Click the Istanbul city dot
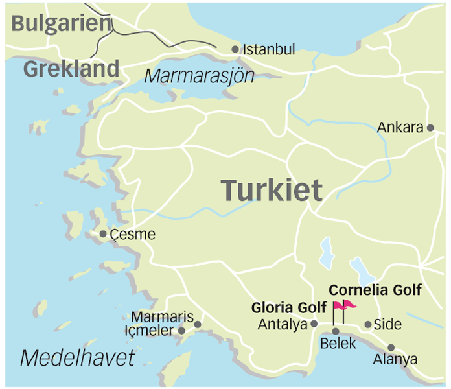click(x=235, y=49)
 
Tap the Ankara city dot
click(x=430, y=128)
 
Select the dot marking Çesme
click(x=103, y=234)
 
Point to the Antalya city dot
click(x=314, y=324)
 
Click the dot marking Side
click(x=368, y=324)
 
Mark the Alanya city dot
click(x=391, y=348)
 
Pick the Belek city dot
click(x=336, y=331)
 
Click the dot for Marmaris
click(x=198, y=324)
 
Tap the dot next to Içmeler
click(x=182, y=331)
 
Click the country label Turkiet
click(x=272, y=191)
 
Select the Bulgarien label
click(x=62, y=23)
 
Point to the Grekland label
click(x=71, y=69)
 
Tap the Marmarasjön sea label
click(x=199, y=75)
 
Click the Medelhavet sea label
click(x=77, y=357)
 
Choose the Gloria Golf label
click(x=289, y=307)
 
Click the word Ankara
click(x=400, y=128)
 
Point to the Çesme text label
click(x=133, y=234)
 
